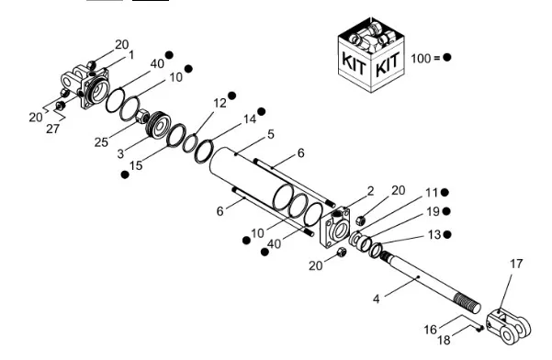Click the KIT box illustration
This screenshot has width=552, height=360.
pyautogui.click(x=371, y=55)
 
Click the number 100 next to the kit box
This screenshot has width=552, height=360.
pyautogui.click(x=421, y=59)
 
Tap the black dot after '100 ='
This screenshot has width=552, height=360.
pyautogui.click(x=446, y=57)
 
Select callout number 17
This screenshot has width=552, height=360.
pyautogui.click(x=516, y=264)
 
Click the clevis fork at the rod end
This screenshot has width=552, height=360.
pyautogui.click(x=508, y=325)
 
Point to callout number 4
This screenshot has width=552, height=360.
pyautogui.click(x=377, y=299)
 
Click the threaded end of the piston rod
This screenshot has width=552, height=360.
pyautogui.click(x=467, y=303)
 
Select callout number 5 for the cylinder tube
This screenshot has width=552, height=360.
pyautogui.click(x=271, y=134)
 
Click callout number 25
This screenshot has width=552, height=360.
pyautogui.click(x=101, y=141)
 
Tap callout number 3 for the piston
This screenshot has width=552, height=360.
pyautogui.click(x=120, y=153)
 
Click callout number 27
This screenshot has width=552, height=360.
pyautogui.click(x=52, y=129)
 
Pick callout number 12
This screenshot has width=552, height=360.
pyautogui.click(x=220, y=103)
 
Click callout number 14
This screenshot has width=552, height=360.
pyautogui.click(x=250, y=119)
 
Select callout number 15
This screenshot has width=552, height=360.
pyautogui.click(x=136, y=165)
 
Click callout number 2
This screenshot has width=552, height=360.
pyautogui.click(x=370, y=191)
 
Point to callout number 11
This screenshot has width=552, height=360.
pyautogui.click(x=432, y=193)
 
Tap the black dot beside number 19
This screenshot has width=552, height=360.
pyautogui.click(x=446, y=211)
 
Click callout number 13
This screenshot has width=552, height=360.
pyautogui.click(x=434, y=234)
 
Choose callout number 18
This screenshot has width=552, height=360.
pyautogui.click(x=444, y=340)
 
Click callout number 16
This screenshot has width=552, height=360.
pyautogui.click(x=430, y=330)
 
